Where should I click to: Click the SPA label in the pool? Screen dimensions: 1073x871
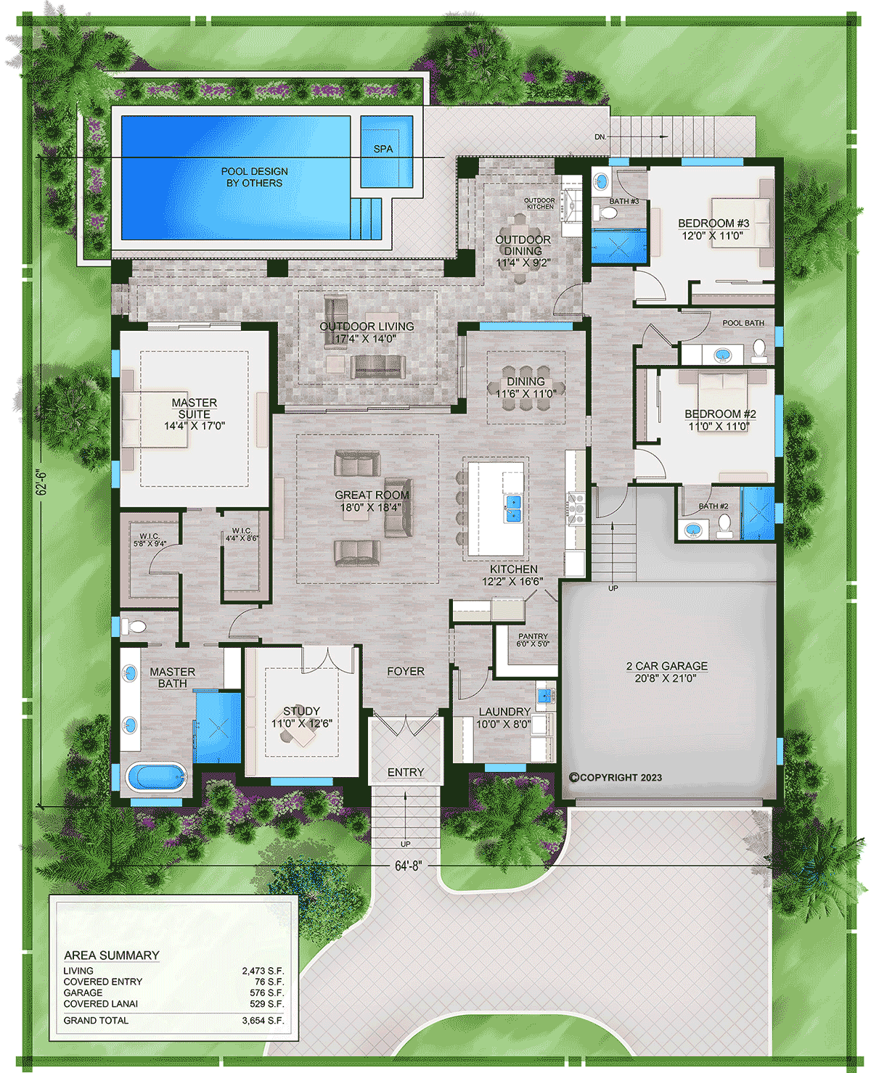[x=383, y=149]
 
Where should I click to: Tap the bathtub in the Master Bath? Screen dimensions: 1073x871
[x=156, y=778]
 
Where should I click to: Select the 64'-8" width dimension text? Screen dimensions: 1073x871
[x=408, y=866]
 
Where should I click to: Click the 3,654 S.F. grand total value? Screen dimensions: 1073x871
[x=263, y=1020]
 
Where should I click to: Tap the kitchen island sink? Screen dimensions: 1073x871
[x=513, y=508]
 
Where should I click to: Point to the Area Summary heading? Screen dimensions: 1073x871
[x=111, y=955]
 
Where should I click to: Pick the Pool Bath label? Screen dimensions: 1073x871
[x=743, y=323]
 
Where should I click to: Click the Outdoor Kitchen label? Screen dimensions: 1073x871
[x=539, y=204]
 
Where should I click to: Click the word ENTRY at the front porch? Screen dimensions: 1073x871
[x=405, y=773]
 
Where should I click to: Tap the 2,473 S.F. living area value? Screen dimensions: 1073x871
[x=263, y=971]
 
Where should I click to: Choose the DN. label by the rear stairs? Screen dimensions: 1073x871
[x=600, y=136]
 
